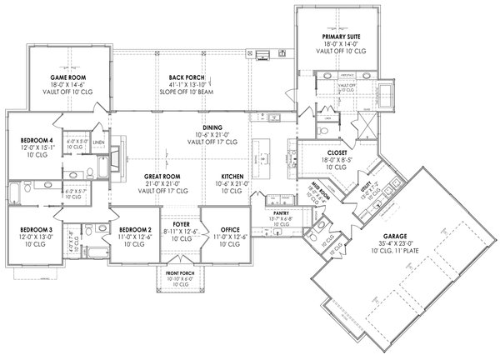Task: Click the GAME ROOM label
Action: [x=63, y=77]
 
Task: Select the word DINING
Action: [x=201, y=127]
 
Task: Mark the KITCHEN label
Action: [x=232, y=177]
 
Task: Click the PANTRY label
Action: [x=280, y=213]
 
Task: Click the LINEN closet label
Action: [x=98, y=142]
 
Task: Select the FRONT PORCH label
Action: [x=182, y=272]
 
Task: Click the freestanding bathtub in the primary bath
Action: [x=387, y=92]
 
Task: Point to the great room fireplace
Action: [x=119, y=155]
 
